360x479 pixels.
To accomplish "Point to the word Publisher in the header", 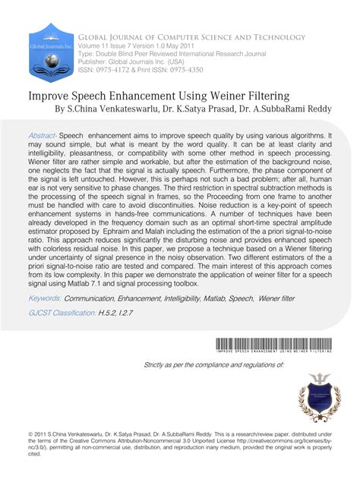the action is [93, 64].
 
